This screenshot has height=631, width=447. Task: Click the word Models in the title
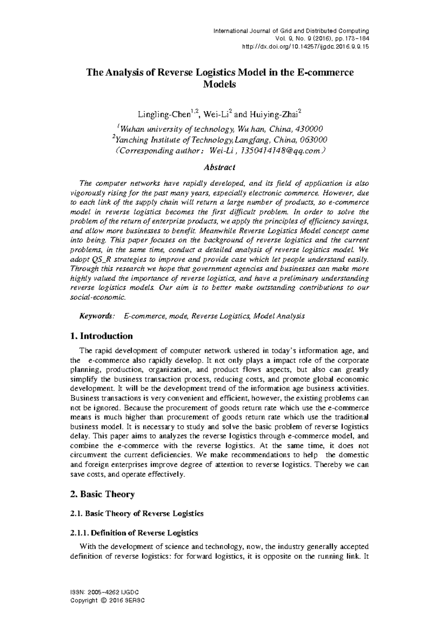point(219,84)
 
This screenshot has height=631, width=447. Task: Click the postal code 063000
point(313,140)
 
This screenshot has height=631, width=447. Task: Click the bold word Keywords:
point(96,316)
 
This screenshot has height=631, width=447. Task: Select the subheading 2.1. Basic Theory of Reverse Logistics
point(137,513)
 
